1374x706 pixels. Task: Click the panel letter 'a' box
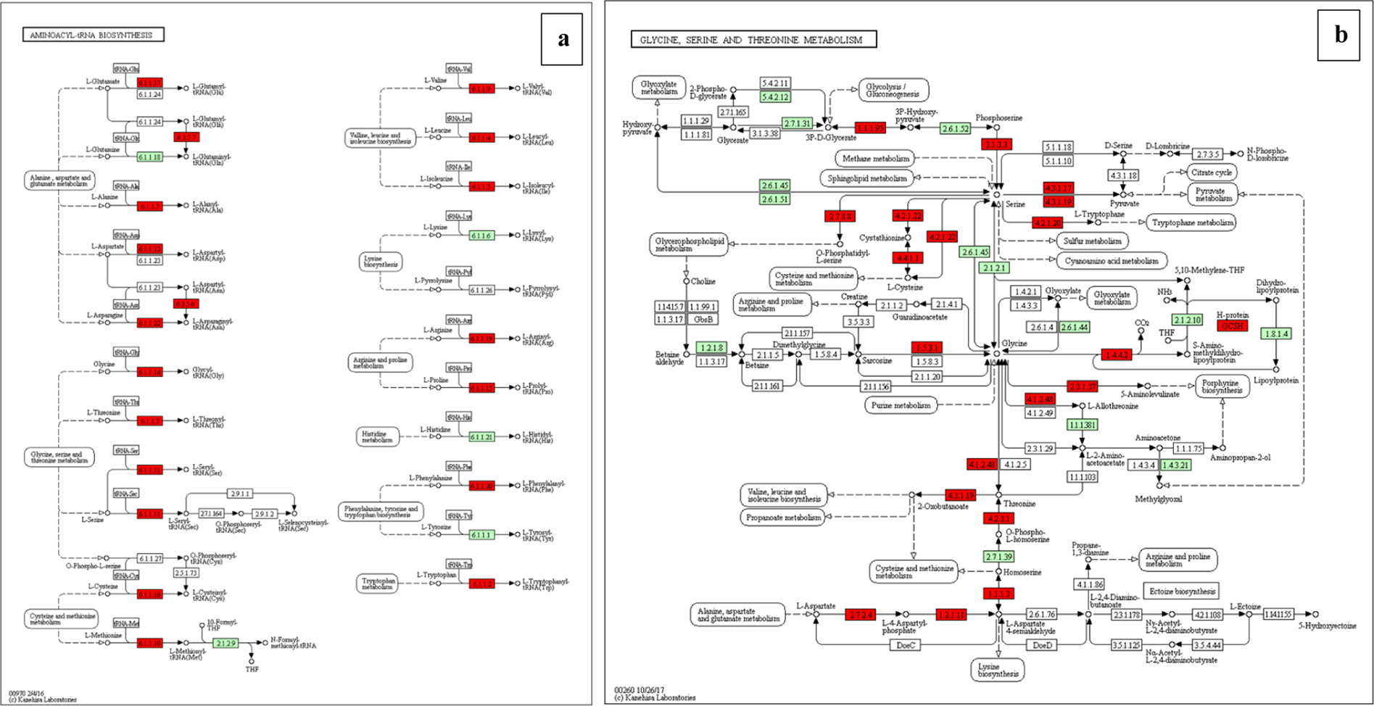click(562, 39)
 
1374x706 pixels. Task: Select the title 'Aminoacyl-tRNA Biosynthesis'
click(92, 35)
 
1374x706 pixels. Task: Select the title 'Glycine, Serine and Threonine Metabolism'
click(753, 40)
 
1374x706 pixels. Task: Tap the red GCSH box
click(1232, 326)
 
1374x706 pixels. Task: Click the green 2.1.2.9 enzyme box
click(225, 643)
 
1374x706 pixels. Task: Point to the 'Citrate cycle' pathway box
click(1212, 173)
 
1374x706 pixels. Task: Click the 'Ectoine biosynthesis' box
click(1181, 591)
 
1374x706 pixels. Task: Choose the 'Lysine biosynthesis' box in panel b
click(998, 670)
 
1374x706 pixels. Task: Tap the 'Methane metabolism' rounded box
click(876, 159)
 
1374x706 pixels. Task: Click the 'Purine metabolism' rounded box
click(901, 405)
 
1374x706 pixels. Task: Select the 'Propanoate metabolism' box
click(783, 518)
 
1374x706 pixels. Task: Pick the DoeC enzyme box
click(906, 645)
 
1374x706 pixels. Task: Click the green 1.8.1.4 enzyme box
click(1276, 333)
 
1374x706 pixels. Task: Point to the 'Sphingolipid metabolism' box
click(867, 178)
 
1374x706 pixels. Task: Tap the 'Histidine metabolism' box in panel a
click(377, 437)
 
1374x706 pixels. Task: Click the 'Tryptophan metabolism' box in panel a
click(378, 584)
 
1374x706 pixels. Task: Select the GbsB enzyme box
click(703, 320)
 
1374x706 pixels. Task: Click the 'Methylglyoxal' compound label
click(1159, 499)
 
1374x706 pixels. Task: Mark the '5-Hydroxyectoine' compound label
click(1327, 626)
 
